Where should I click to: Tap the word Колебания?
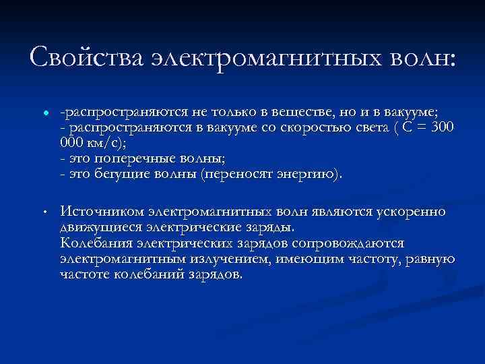[x=96, y=243]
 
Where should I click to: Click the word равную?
[x=432, y=260]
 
